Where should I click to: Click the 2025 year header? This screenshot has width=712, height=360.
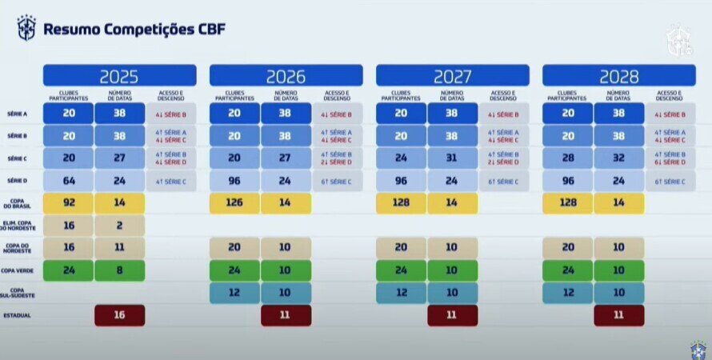coord(119,76)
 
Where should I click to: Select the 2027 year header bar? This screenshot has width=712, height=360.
coord(452,76)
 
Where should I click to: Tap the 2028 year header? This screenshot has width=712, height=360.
coord(618,76)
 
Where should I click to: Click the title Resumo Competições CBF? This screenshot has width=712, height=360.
coord(134,30)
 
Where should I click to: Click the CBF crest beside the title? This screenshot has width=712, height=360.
coord(26,28)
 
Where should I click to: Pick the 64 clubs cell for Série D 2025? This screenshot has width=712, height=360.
coord(68,181)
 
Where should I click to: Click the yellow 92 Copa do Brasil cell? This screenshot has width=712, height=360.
coord(68,203)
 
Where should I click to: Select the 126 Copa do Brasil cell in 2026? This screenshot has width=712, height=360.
coord(234,203)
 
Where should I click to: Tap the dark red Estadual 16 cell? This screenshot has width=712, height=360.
coord(119,315)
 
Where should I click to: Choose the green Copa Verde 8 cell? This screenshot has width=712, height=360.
coord(119,270)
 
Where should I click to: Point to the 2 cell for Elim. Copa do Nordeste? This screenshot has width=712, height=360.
coord(119,226)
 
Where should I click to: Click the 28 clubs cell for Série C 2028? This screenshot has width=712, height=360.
coord(567,158)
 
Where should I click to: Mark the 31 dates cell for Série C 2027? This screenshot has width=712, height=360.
coord(452,158)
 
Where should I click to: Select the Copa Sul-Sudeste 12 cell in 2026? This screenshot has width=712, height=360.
coord(234,293)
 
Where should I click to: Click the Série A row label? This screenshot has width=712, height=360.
coord(18,114)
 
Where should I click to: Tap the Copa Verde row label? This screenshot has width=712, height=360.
coord(18,270)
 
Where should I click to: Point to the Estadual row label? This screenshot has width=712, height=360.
coord(18,315)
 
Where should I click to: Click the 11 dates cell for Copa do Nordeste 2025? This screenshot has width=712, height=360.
coord(119,248)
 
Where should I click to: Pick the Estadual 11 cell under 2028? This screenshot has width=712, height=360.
coord(618,315)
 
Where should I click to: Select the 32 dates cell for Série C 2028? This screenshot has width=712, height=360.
coord(618,158)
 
